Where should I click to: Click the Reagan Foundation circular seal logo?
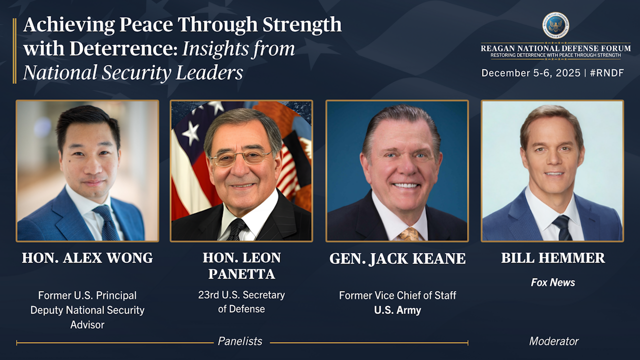[x=555, y=25]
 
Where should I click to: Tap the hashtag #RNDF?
[x=607, y=73]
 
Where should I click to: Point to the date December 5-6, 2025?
[x=531, y=73]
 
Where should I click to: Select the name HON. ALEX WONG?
[x=87, y=257]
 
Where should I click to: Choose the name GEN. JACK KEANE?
[x=397, y=258]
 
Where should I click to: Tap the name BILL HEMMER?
[x=553, y=257]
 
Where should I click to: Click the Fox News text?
[x=553, y=282]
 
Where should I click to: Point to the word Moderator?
[x=553, y=341]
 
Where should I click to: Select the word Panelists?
[x=240, y=341]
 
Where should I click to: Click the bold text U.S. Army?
[x=397, y=310]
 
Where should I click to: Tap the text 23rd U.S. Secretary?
[x=241, y=295]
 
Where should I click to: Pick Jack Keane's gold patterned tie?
[x=409, y=234]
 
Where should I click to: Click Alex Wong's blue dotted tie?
[x=106, y=223]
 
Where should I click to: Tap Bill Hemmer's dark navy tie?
[x=563, y=227]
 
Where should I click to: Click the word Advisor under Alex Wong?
[x=87, y=325]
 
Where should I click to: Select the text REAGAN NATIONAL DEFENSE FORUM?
[x=555, y=48]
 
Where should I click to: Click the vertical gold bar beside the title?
[x=14, y=51]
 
